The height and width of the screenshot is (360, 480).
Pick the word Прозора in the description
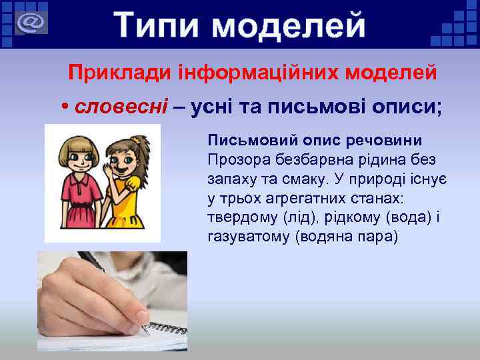click(237, 160)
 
